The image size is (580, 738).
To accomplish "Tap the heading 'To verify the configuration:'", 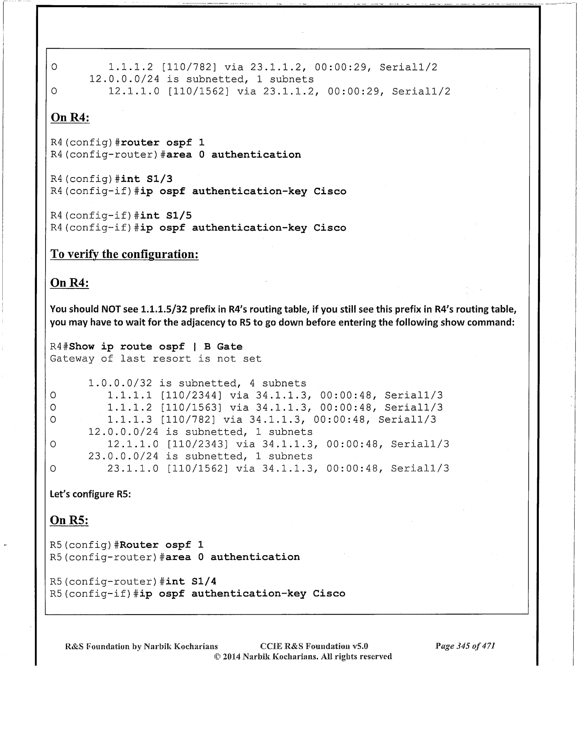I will [x=124, y=254].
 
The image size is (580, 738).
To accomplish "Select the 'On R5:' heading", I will [x=69, y=520].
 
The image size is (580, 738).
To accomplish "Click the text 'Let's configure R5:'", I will [x=90, y=494].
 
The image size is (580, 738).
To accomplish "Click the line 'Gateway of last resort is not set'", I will [x=155, y=358].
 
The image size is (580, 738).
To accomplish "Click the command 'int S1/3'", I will [x=147, y=179].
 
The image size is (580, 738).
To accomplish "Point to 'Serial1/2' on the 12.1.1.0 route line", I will [x=421, y=91].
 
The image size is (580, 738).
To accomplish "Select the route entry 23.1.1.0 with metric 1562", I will [x=133, y=468].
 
